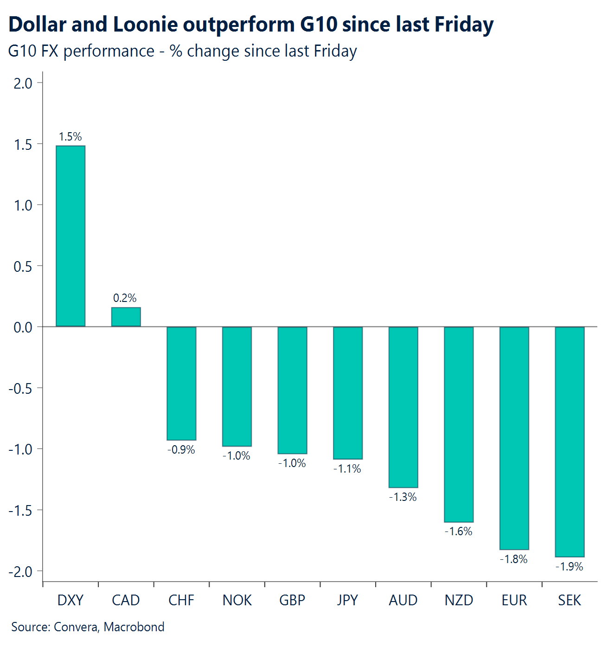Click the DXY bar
70,236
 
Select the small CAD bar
126,317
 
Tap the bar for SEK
569,442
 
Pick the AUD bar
403,407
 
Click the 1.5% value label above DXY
70,137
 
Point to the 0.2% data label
125,298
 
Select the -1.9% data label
569,567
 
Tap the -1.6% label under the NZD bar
458,532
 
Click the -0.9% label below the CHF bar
181,450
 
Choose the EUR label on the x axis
514,600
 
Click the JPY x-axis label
347,600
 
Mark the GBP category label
292,600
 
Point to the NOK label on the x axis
237,600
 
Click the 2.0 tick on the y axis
23,83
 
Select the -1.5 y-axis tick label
20,511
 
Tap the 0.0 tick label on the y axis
23,327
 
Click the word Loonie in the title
145,25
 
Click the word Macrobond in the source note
134,627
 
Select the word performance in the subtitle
109,51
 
